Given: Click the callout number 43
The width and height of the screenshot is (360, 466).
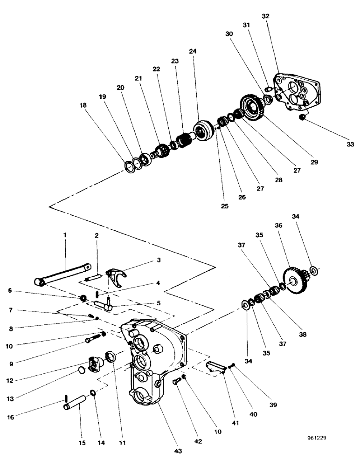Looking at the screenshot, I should point(178,451).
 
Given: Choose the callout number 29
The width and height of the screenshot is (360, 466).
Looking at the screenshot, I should point(314,162).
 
